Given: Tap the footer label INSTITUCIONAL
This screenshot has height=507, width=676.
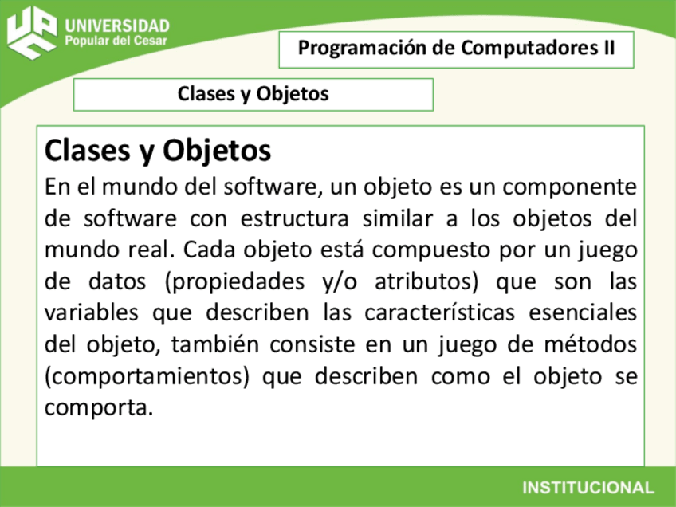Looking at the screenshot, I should click(x=588, y=487).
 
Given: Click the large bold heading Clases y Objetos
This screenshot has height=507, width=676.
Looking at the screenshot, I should click(x=158, y=150).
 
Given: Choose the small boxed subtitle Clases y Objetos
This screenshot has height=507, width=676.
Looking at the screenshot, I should click(x=253, y=94).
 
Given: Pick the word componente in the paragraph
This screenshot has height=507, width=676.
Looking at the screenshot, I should click(x=569, y=188).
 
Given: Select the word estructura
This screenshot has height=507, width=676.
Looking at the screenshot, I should click(x=295, y=219).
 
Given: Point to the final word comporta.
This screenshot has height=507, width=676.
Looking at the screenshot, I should click(x=97, y=408).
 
